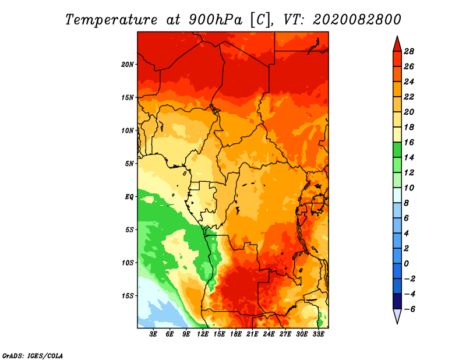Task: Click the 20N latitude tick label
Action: [x=128, y=64]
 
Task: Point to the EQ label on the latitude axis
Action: [x=129, y=196]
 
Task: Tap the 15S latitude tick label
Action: [x=128, y=295]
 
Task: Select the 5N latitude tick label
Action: [x=129, y=163]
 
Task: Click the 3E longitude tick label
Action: [x=154, y=334]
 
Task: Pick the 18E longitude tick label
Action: [x=236, y=334]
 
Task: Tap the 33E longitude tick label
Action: [x=319, y=334]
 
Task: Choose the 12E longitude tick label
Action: [x=203, y=334]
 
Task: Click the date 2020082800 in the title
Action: [x=356, y=19]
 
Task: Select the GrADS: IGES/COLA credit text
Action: [x=33, y=355]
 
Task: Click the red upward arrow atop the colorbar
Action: [x=397, y=44]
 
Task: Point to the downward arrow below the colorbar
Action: [x=397, y=316]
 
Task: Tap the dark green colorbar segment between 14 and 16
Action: [x=397, y=150]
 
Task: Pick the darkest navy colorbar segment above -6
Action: [x=397, y=301]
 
